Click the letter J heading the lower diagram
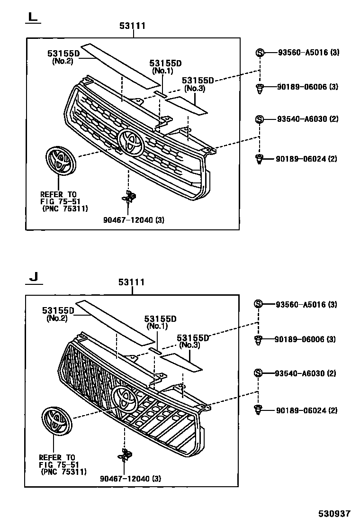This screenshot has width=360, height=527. pyautogui.click(x=32, y=276)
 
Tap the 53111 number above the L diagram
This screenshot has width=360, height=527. pyautogui.click(x=132, y=26)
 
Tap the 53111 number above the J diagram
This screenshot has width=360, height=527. pyautogui.click(x=132, y=282)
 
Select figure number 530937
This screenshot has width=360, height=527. pyautogui.click(x=334, y=513)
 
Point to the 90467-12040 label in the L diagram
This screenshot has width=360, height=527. pyautogui.click(x=134, y=219)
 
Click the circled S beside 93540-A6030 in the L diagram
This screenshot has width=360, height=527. pyautogui.click(x=260, y=119)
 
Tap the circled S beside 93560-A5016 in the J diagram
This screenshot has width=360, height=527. pyautogui.click(x=259, y=304)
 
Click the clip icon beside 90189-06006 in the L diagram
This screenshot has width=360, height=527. pyautogui.click(x=260, y=88)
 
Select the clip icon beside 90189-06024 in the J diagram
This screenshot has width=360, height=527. pyautogui.click(x=259, y=410)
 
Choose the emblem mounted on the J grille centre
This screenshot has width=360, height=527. pyautogui.click(x=125, y=398)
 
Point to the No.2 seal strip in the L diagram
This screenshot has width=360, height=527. pyautogui.click(x=121, y=65)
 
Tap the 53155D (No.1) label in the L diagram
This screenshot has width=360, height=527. pyautogui.click(x=166, y=66)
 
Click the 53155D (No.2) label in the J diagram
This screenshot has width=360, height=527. pyautogui.click(x=58, y=314)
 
